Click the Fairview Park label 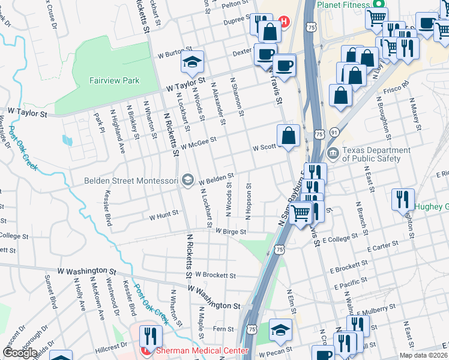(x=114, y=80)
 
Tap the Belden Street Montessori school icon (x=188, y=180)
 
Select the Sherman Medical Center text (x=202, y=351)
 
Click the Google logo (x=20, y=353)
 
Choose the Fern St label (x=223, y=329)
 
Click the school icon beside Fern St (x=280, y=329)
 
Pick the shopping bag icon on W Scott (x=289, y=136)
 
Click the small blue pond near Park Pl (x=67, y=140)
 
